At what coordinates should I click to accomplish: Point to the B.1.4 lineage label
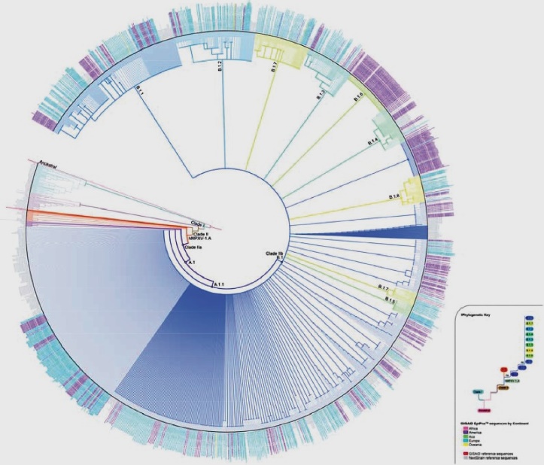click(372, 141)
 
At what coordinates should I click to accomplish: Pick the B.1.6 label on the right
click(393, 196)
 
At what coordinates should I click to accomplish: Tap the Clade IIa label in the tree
click(193, 247)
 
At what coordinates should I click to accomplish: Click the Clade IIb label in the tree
click(274, 254)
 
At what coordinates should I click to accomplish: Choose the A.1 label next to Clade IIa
click(190, 262)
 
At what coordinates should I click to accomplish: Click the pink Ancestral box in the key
click(483, 411)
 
